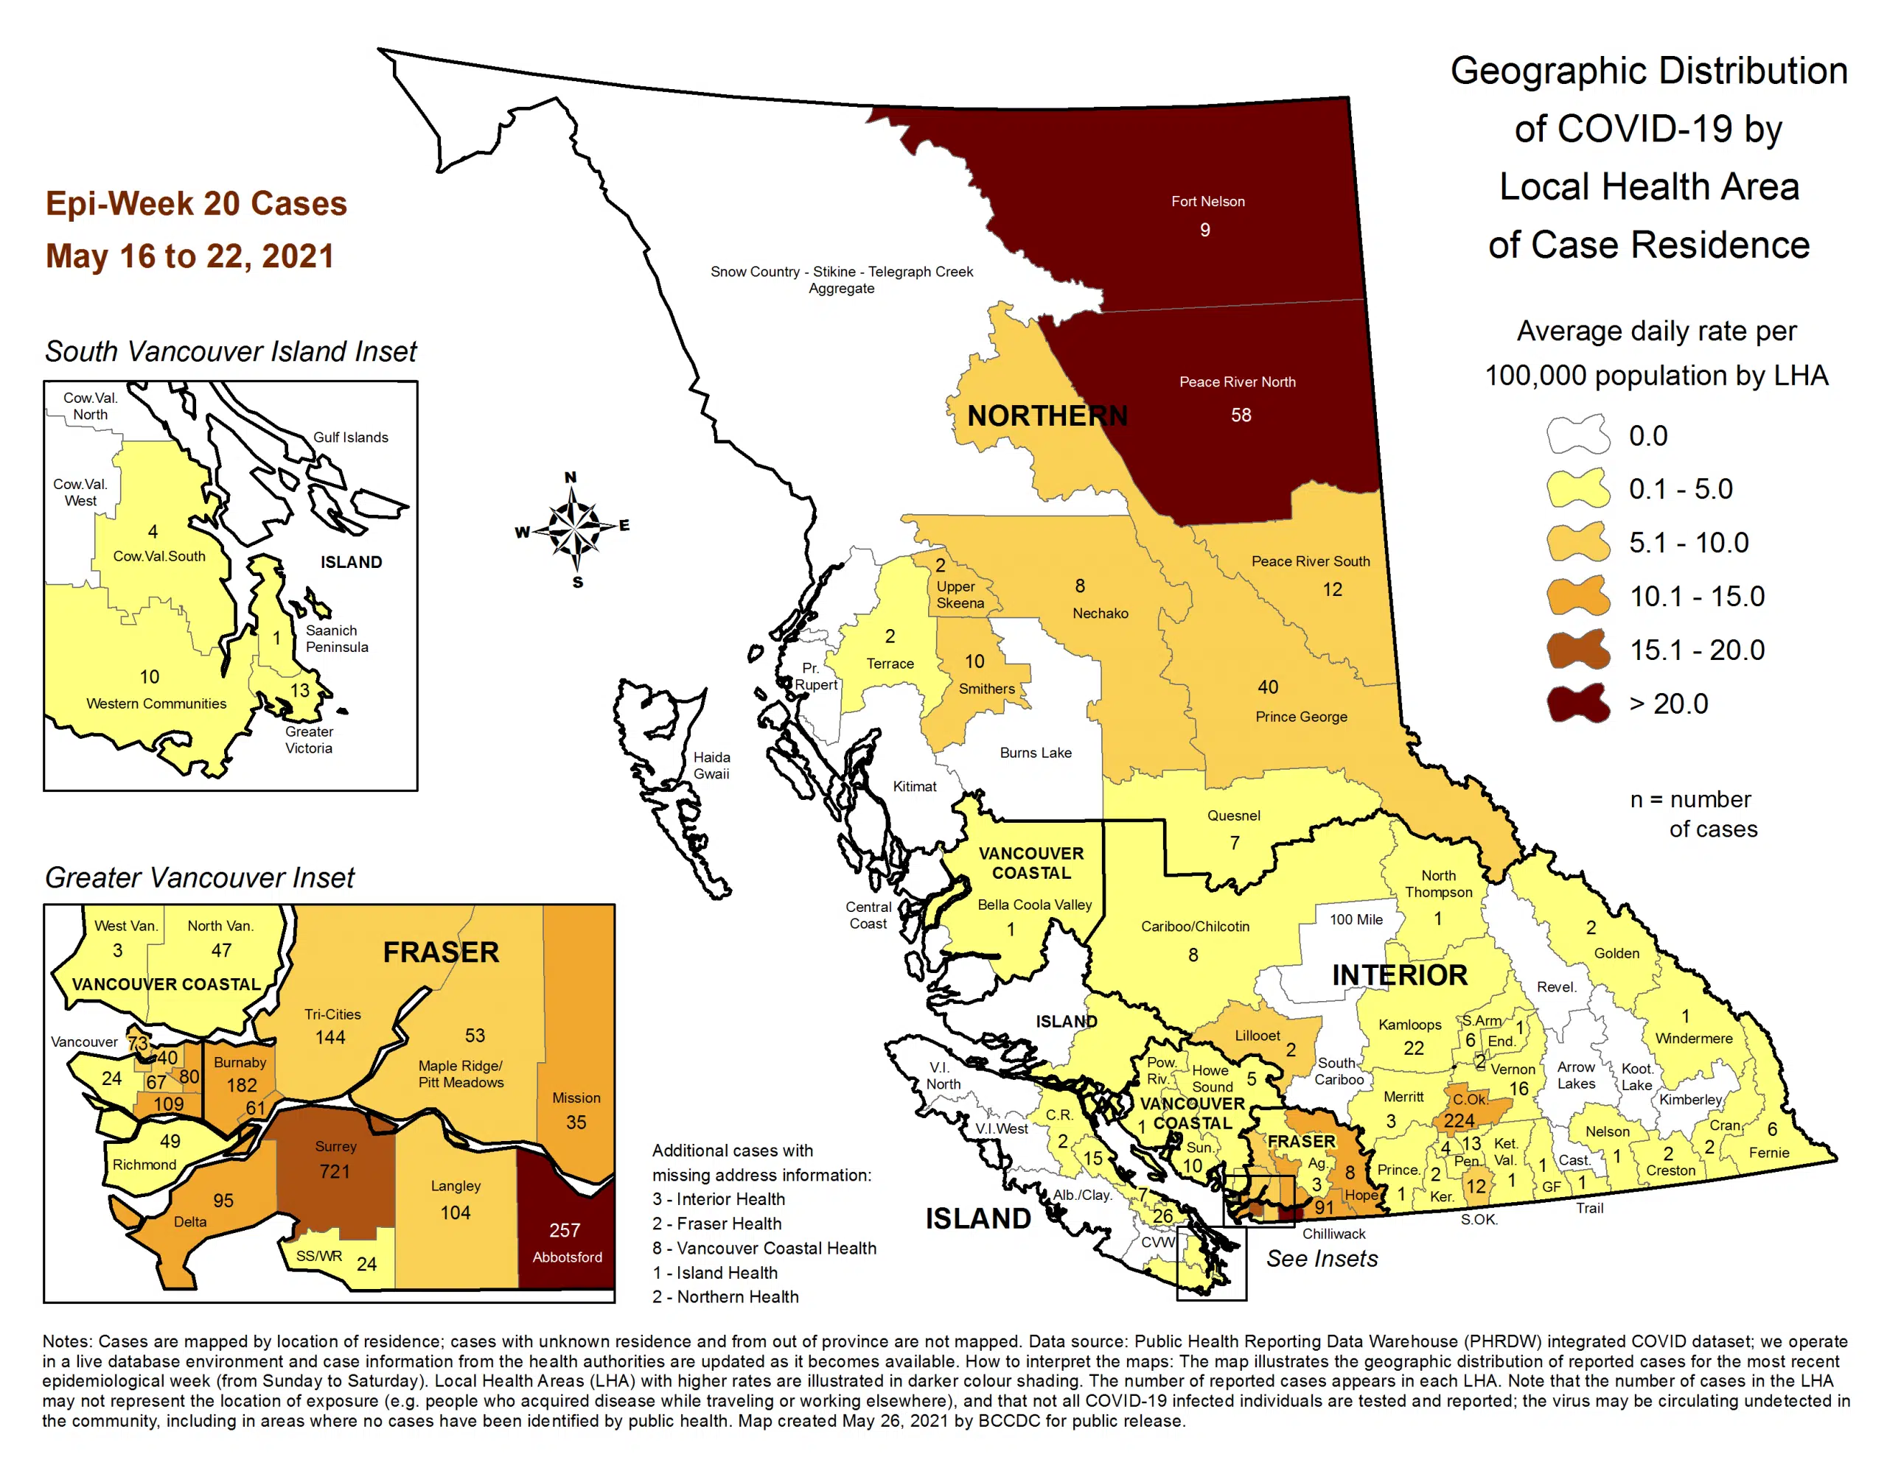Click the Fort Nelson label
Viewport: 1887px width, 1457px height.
(1207, 201)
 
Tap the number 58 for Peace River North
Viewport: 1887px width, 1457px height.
(1241, 415)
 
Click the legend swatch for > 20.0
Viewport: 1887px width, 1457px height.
(1577, 704)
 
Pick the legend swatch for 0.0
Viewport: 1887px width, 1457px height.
(1577, 435)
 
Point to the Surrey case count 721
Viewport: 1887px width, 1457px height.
(335, 1172)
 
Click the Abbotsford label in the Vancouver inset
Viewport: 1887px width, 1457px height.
(567, 1257)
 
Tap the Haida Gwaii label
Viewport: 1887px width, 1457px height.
(711, 765)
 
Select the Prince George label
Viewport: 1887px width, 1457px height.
(1300, 717)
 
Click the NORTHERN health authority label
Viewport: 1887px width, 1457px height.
(1046, 416)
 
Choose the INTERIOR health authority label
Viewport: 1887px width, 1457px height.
(1399, 975)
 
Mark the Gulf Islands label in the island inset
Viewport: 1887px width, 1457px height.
(350, 437)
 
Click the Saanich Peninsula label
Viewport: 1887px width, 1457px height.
(336, 638)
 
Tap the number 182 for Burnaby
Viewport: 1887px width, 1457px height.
(241, 1085)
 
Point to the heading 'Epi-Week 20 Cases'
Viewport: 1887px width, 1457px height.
(196, 204)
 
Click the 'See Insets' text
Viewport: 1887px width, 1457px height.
(1322, 1258)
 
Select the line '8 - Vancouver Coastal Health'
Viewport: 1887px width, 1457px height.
(764, 1248)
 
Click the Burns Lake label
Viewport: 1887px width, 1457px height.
(1035, 753)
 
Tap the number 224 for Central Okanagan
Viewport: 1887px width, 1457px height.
(1459, 1120)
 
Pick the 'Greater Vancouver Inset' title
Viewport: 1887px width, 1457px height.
(200, 877)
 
